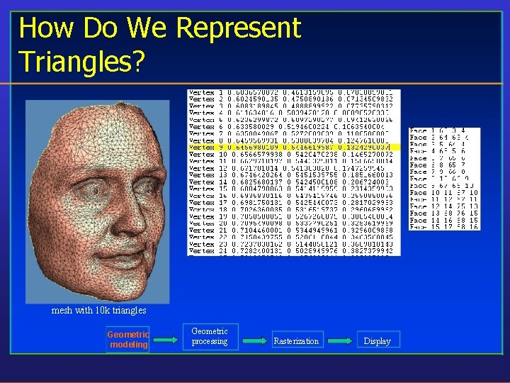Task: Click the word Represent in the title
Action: (x=239, y=28)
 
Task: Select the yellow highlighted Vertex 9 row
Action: (x=294, y=147)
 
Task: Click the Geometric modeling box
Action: (x=128, y=340)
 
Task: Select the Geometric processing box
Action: (x=210, y=336)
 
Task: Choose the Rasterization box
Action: (x=296, y=341)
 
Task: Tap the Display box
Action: (x=377, y=341)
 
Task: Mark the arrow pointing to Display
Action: (x=340, y=340)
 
